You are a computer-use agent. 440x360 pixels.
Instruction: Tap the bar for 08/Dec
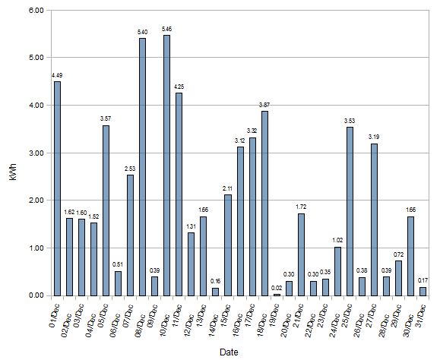tap(142, 166)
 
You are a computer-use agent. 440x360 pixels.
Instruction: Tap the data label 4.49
tap(57, 74)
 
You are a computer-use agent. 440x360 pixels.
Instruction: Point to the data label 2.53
tap(130, 169)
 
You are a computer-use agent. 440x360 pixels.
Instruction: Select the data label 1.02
tap(337, 240)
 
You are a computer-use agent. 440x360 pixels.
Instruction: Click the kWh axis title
tap(12, 153)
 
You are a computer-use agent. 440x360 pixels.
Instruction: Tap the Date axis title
tap(229, 352)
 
